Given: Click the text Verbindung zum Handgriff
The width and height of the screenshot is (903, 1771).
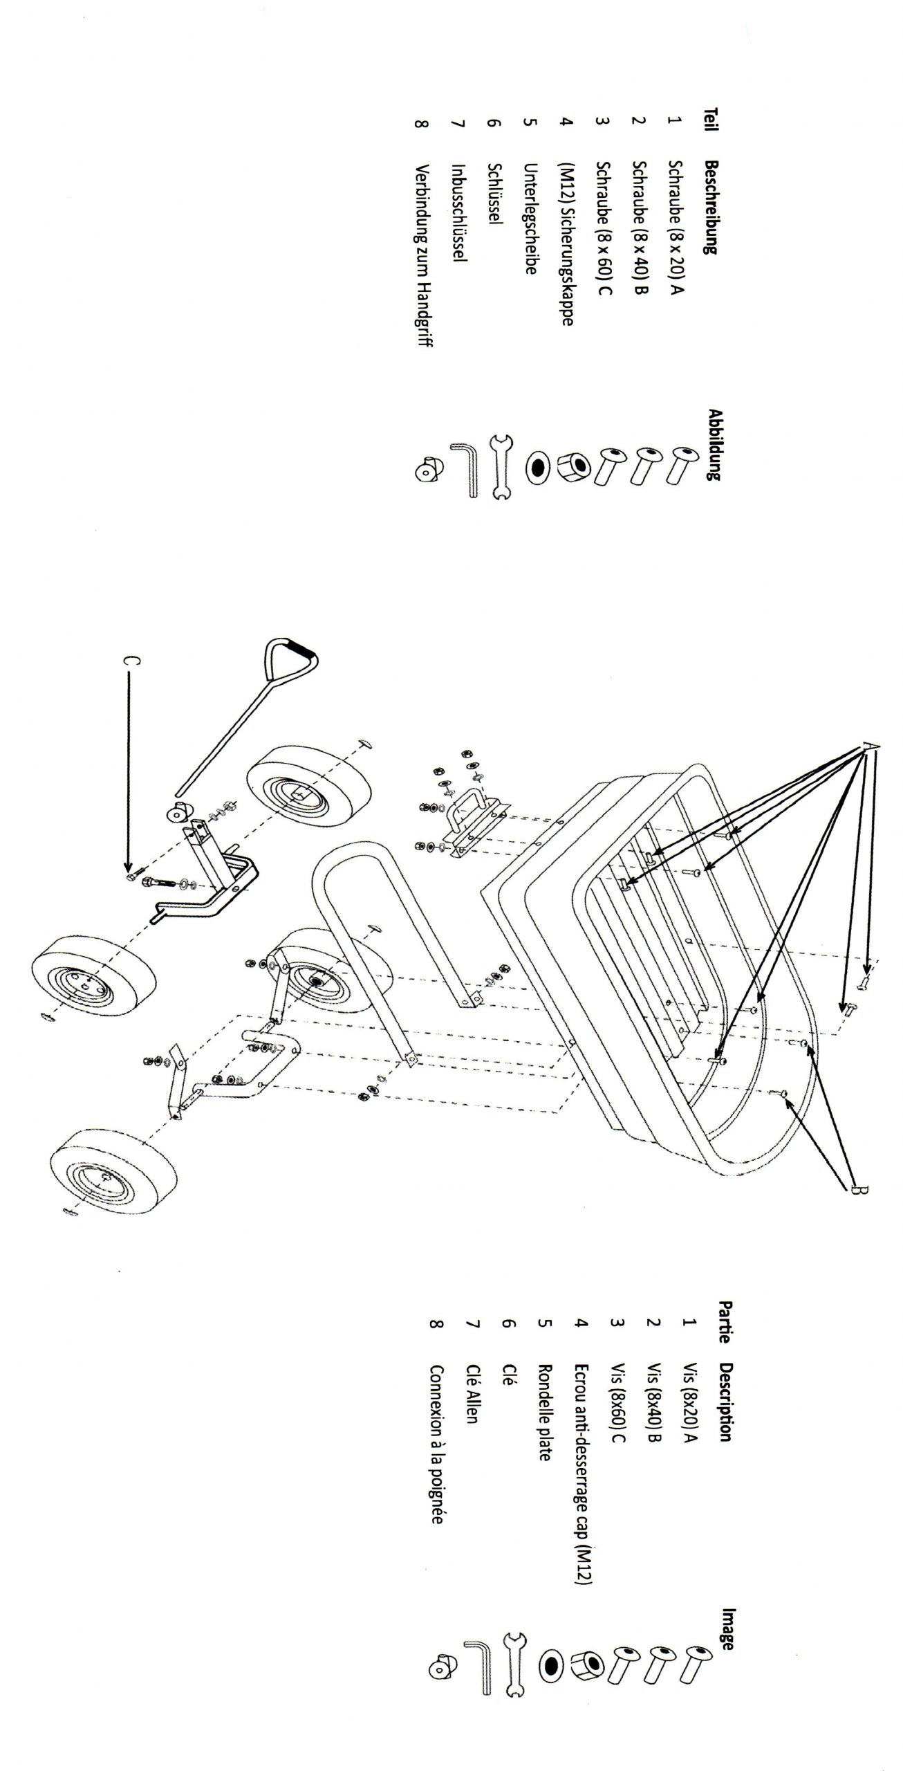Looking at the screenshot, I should [x=422, y=256].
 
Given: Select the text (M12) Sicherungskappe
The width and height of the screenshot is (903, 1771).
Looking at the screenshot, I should [x=566, y=246].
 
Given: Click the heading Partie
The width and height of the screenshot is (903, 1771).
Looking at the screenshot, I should [x=725, y=1322].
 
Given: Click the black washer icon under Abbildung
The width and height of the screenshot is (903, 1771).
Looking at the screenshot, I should [x=537, y=468].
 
